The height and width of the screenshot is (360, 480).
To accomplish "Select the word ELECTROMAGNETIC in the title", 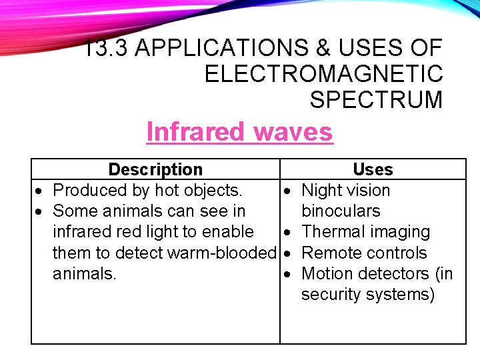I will [x=323, y=73].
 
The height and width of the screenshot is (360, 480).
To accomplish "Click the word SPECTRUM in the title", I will [x=376, y=99].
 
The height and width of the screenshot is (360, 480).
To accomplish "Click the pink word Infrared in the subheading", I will [x=196, y=131].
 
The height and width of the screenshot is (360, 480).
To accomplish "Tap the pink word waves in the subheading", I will [x=293, y=131].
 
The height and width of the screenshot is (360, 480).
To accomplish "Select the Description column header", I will [x=155, y=169].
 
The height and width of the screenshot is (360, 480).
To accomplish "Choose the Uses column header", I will [x=373, y=169].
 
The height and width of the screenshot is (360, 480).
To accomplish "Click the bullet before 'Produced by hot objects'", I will [x=41, y=191].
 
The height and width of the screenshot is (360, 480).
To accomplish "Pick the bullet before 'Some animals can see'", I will [x=41, y=211].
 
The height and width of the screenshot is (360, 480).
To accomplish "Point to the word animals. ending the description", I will [x=84, y=273].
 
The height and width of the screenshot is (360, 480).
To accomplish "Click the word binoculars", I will [x=341, y=211].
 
